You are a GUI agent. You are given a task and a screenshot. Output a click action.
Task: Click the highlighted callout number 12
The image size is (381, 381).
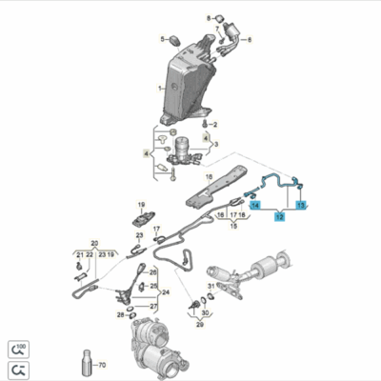[x=279, y=217]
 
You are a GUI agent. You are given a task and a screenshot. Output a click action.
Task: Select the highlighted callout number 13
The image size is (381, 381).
[x=302, y=205]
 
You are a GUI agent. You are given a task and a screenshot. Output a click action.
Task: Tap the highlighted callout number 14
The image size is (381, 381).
[x=255, y=205]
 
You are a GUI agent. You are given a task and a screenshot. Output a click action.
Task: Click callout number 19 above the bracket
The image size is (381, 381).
[x=112, y=254]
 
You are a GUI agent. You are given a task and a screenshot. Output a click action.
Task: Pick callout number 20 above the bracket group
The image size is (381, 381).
[x=92, y=242]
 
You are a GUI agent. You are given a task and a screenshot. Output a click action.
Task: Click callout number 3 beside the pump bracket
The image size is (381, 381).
[x=215, y=144]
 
